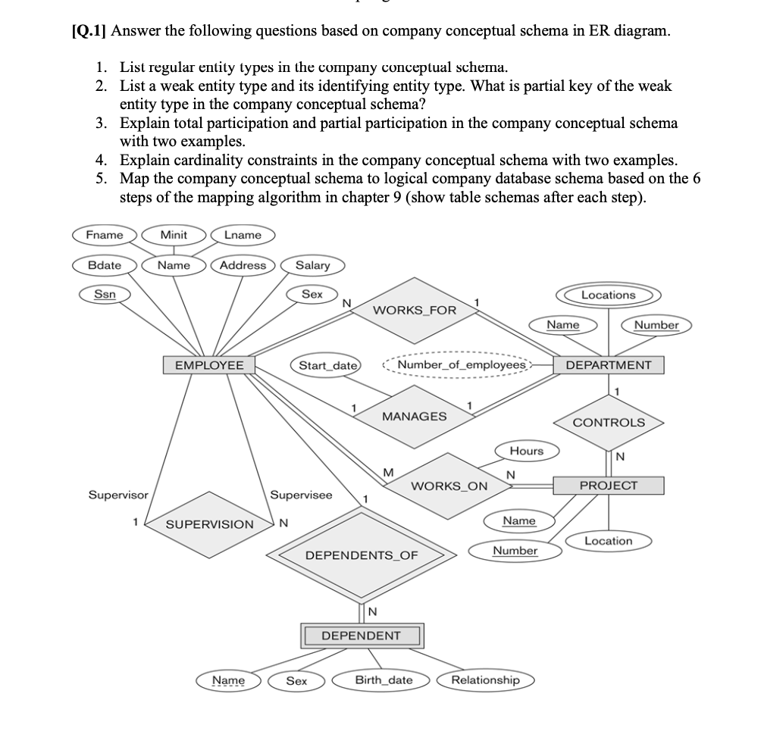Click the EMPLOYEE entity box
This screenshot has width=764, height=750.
point(209,365)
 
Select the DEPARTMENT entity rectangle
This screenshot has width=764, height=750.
point(608,365)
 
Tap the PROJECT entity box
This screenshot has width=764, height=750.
point(608,485)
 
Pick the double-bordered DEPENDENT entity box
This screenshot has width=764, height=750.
point(361,635)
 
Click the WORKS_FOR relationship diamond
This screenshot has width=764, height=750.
point(415,310)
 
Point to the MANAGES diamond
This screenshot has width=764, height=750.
point(414,417)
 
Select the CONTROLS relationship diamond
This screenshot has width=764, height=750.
point(609,423)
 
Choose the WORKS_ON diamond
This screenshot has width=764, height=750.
point(449,486)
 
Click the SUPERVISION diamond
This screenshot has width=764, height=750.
point(210,524)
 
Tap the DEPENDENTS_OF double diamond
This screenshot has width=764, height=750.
point(361,555)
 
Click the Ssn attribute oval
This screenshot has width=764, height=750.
point(104,294)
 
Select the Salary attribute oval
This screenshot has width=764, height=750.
point(312,265)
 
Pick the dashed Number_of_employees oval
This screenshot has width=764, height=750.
point(461,365)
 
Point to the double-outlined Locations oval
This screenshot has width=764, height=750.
point(608,295)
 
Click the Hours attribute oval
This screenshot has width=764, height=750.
point(526,451)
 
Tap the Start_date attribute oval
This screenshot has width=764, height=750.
point(327,365)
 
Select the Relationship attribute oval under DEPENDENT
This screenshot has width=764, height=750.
point(485,680)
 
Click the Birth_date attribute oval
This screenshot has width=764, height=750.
point(384,680)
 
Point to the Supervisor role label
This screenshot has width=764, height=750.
point(118,495)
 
